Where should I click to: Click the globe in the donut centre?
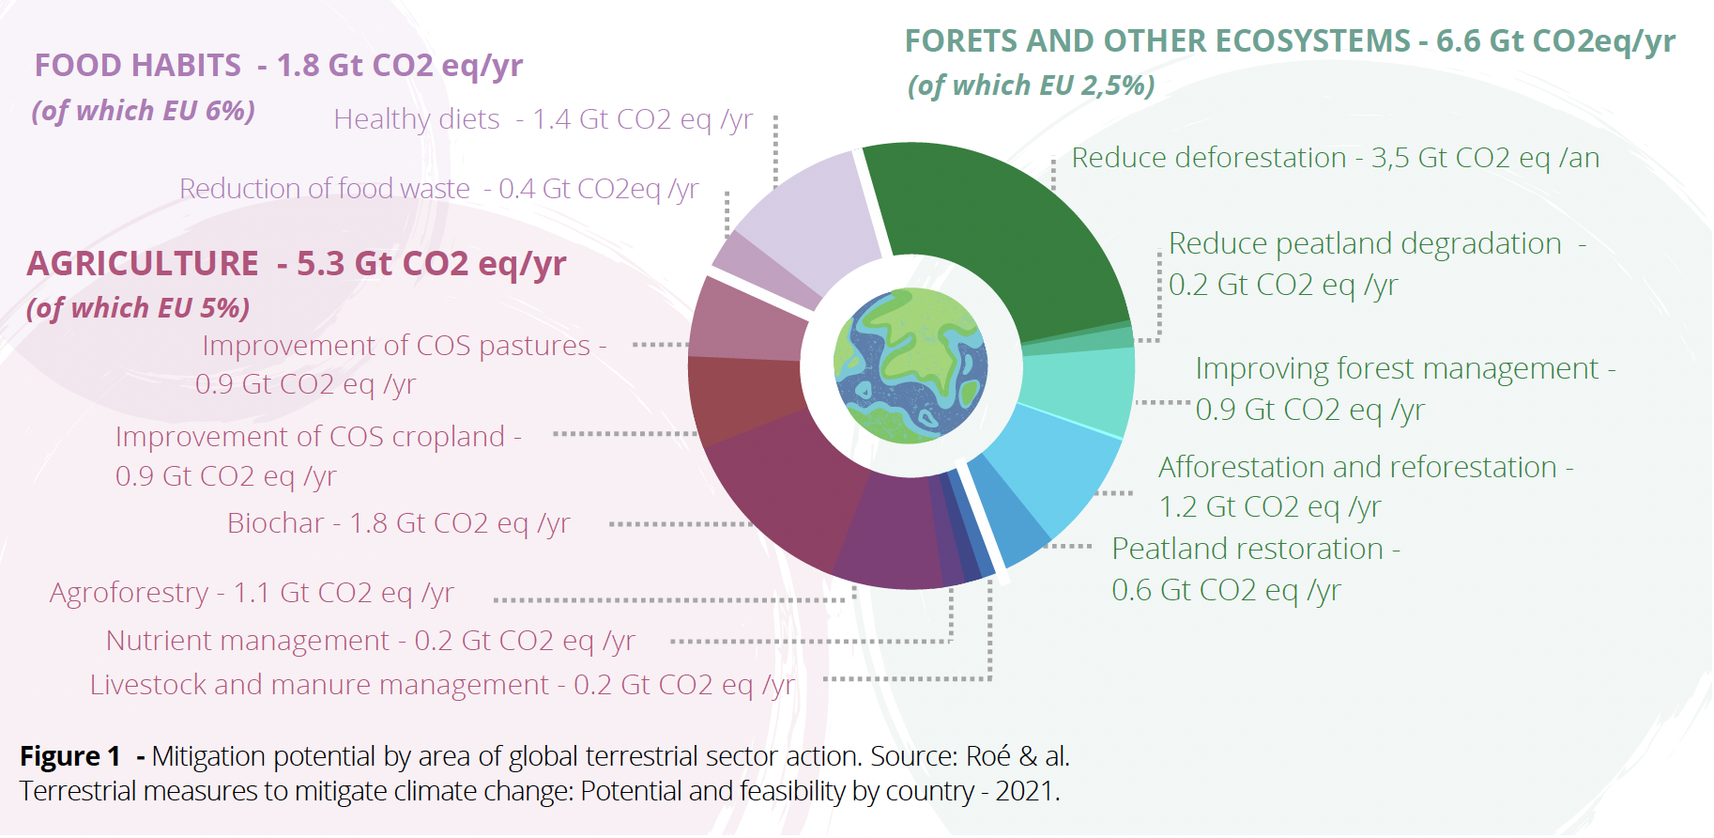click(911, 365)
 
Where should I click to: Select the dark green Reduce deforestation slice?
click(1004, 235)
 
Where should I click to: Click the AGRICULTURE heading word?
click(143, 264)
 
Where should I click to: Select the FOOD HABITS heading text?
click(138, 66)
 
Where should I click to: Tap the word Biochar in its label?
click(276, 523)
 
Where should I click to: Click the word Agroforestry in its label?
click(129, 594)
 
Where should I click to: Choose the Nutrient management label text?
click(247, 641)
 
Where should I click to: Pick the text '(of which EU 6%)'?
click(144, 111)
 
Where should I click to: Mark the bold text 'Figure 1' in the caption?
click(70, 756)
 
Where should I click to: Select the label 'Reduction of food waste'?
click(325, 189)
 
